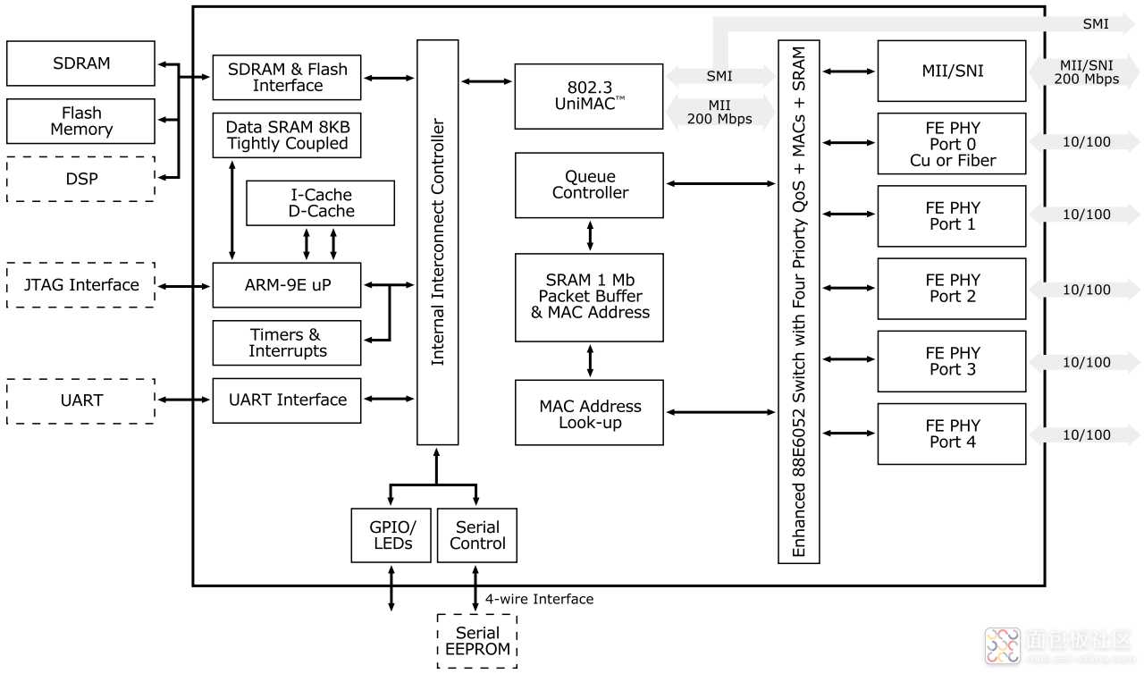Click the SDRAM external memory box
pos(80,63)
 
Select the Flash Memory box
pos(80,122)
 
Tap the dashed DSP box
pos(80,179)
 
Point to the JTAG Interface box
pos(80,285)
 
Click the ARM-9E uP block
pos(286,285)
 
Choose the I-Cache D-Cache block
pos(320,203)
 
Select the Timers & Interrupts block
pos(286,343)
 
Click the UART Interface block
pos(286,400)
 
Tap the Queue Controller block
pos(589,185)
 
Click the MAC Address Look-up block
pos(589,413)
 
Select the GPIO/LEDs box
pos(391,535)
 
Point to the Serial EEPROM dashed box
pos(476,641)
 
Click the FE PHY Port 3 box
pos(951,361)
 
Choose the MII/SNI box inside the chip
pos(951,71)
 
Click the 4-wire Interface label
pos(539,599)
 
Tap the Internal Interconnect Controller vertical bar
pos(438,242)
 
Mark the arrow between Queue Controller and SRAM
pos(589,235)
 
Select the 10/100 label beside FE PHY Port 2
pos(1086,290)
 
